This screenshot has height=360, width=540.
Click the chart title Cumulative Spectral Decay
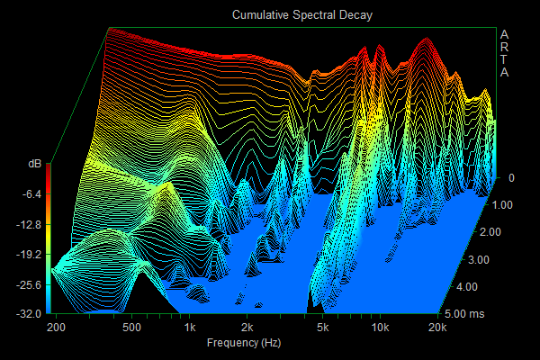pos(301,15)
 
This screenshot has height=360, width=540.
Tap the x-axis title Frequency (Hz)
pos(244,344)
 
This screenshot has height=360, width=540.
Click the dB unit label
pos(34,164)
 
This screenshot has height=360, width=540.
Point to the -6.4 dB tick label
pos(31,193)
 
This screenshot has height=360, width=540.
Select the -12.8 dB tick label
pos(28,224)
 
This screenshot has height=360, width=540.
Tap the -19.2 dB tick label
pos(28,255)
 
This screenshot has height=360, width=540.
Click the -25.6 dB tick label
pos(28,284)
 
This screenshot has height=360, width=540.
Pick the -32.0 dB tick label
pos(28,314)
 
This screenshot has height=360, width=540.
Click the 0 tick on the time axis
pos(510,178)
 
